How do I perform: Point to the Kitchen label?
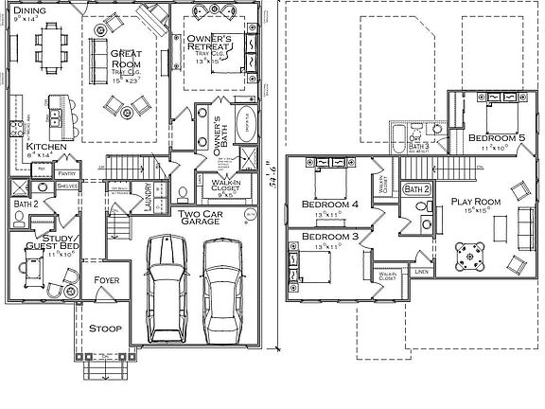(45, 148)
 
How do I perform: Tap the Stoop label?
(104, 328)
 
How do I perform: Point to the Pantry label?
(67, 174)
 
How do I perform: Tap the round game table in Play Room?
(468, 254)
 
